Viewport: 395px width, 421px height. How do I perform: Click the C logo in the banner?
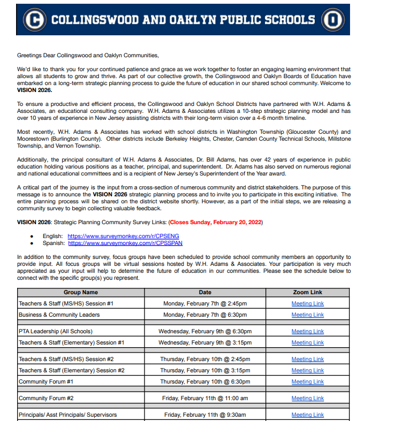[x=35, y=20]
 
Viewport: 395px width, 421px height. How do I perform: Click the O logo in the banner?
[x=332, y=20]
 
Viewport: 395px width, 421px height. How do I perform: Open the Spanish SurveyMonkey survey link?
[x=125, y=243]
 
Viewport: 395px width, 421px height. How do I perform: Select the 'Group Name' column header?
[x=81, y=293]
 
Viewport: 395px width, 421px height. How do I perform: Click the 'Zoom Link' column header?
[x=308, y=293]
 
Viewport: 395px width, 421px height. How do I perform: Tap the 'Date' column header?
[x=205, y=293]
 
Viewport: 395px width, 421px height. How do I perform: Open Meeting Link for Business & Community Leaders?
[x=308, y=315]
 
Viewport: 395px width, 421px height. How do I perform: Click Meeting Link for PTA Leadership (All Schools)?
[x=308, y=332]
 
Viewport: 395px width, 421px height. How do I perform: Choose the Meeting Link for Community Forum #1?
[x=308, y=382]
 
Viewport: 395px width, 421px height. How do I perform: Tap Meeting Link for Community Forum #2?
[x=308, y=399]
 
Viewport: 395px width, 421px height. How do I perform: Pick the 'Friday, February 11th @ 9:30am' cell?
[x=205, y=415]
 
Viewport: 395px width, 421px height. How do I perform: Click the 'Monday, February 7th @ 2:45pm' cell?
[x=205, y=304]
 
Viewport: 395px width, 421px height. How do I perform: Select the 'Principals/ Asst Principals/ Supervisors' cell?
[x=68, y=415]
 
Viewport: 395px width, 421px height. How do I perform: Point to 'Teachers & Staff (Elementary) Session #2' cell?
[x=72, y=371]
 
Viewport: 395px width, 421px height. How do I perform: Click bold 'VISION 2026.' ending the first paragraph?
[x=35, y=90]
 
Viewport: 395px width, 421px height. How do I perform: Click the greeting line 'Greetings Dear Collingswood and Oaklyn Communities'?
[x=88, y=55]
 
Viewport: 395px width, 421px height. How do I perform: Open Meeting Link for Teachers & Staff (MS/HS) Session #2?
[x=308, y=359]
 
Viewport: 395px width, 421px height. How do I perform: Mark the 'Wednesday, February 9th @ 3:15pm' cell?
[x=205, y=343]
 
